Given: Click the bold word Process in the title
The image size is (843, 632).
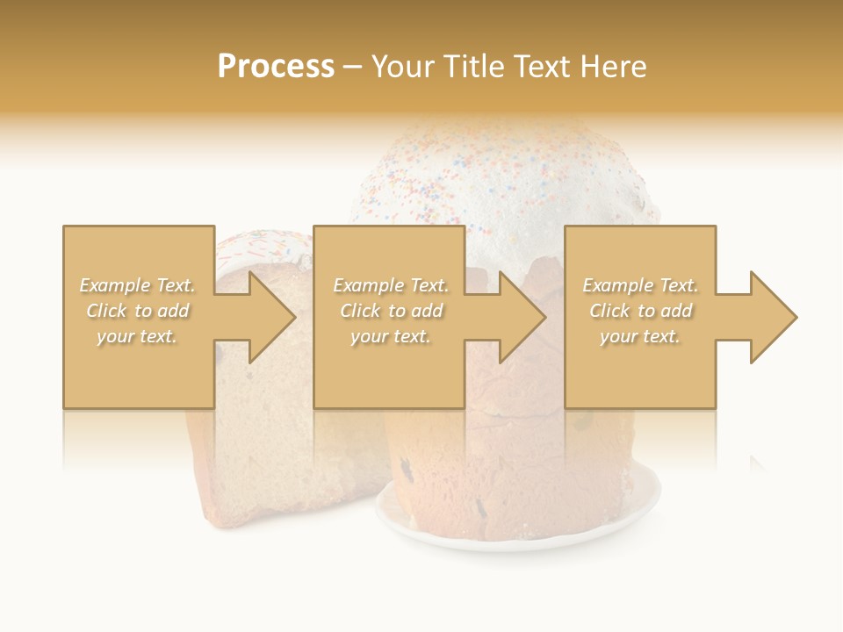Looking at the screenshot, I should tap(276, 67).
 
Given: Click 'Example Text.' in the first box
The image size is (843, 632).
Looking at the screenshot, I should tap(137, 285).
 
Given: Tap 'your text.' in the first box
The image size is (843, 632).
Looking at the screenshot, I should tap(137, 336).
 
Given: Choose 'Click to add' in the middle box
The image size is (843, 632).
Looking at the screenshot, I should tap(391, 311).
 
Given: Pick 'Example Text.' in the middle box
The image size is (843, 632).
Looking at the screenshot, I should tap(391, 285).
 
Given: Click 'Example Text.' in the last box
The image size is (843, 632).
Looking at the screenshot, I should tap(640, 285).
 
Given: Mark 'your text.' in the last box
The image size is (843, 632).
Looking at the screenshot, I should tap(640, 336).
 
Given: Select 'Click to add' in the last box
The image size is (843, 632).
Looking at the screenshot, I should tap(640, 311).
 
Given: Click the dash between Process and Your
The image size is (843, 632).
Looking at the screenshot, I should tap(352, 67).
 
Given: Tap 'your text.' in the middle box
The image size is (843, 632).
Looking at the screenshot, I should tap(391, 336).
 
